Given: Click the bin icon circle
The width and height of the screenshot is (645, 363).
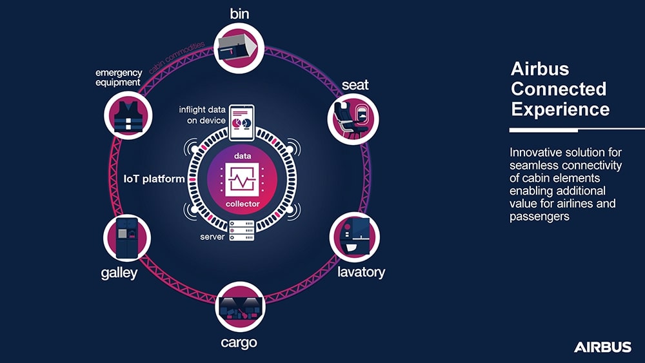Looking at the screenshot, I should tap(240, 47).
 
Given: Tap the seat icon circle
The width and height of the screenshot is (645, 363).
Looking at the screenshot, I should tap(353, 118).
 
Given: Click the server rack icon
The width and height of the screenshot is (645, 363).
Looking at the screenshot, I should tap(242, 231).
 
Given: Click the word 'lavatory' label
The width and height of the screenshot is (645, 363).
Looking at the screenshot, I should tap(361, 272).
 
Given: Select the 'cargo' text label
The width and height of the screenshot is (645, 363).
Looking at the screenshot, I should tap(239, 342).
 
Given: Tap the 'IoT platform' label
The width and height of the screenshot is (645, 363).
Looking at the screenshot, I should tap(154, 179).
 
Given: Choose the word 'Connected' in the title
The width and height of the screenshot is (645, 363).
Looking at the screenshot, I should tap(559, 89).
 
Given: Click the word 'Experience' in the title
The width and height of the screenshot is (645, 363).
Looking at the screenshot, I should tap(560, 109).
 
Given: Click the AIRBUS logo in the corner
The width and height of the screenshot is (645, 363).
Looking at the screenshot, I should tap(602, 348).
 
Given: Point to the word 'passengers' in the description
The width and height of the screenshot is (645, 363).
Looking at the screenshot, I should tap(539, 217).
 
